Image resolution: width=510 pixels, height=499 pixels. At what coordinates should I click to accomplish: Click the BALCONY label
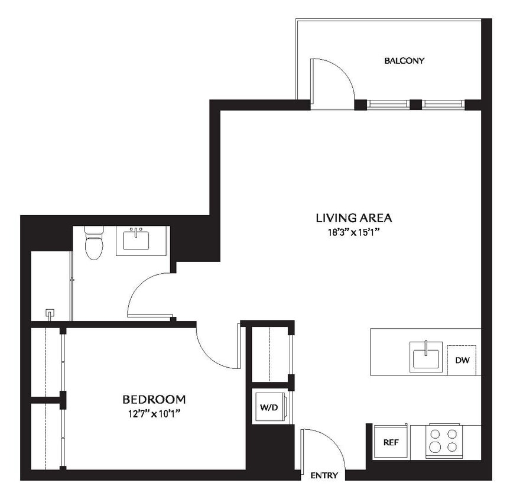pos(404,60)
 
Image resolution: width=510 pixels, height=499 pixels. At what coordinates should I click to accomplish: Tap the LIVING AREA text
pos(353,218)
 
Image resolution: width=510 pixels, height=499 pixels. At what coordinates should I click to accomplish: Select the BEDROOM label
pos(154,399)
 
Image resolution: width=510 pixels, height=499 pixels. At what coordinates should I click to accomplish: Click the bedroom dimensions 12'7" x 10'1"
pos(153,413)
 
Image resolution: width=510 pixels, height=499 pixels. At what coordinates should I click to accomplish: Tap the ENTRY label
pos(324,475)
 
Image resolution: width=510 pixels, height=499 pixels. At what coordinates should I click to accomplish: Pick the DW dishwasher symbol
pos(462,359)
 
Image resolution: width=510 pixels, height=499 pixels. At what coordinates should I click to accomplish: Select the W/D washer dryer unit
pos(269,407)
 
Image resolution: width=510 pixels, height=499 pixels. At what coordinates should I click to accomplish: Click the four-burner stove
pos(443,440)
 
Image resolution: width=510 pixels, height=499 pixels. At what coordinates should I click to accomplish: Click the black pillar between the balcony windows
pos(415,105)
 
